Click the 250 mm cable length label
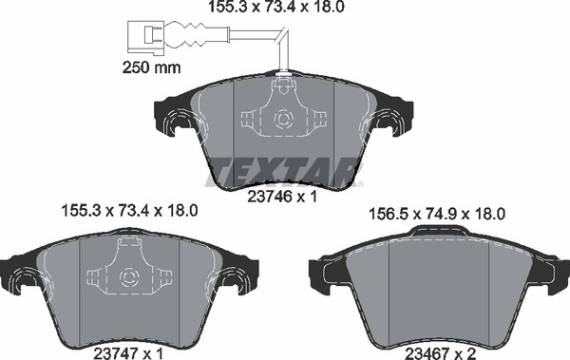point(151,67)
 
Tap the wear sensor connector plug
point(146,38)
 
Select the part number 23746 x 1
point(282,197)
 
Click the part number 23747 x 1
point(128,353)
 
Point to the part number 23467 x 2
point(441,353)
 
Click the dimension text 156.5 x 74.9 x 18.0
point(437,214)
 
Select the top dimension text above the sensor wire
point(276,7)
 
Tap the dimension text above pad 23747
point(130,211)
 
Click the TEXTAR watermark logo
point(284,172)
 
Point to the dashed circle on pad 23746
point(283,120)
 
